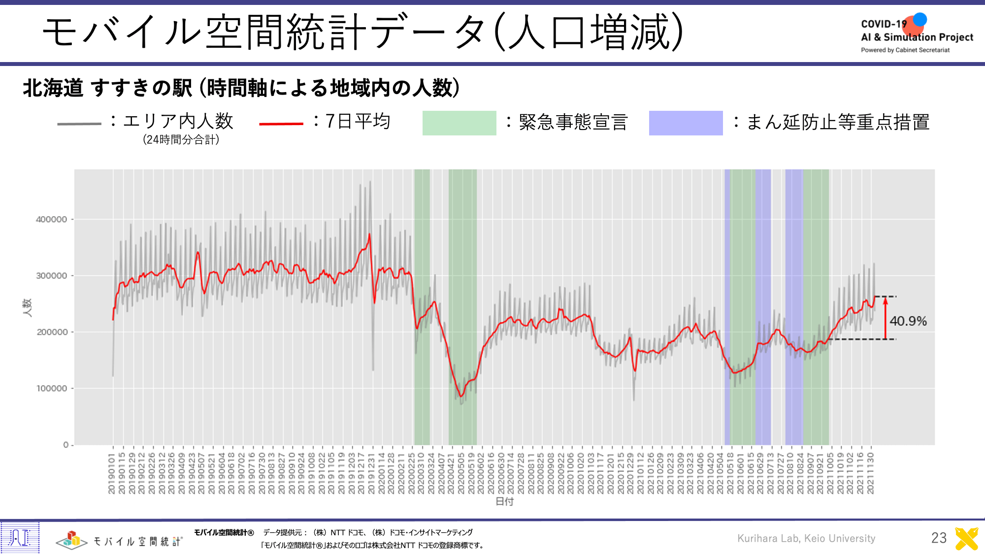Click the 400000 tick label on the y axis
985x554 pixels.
pos(51,220)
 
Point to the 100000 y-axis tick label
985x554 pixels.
pos(51,389)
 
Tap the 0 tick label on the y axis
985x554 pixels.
pos(66,445)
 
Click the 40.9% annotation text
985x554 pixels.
pos(908,321)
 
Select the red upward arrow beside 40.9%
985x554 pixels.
pos(885,318)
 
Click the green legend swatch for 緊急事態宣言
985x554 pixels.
pos(459,123)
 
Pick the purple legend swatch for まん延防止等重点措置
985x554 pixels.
pos(686,123)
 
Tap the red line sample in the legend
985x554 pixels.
pos(281,124)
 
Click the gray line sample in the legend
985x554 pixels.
pos(79,124)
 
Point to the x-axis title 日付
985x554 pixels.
pos(504,501)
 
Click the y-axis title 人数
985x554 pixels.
pos(27,307)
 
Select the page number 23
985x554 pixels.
pos(939,538)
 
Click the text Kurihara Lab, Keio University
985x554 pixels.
pos(806,538)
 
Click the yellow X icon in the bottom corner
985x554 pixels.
pos(966,538)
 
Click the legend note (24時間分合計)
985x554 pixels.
pos(181,140)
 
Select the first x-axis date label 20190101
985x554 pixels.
pos(112,474)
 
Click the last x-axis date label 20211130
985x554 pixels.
pos(870,474)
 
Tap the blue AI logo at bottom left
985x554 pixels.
pos(20,537)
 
